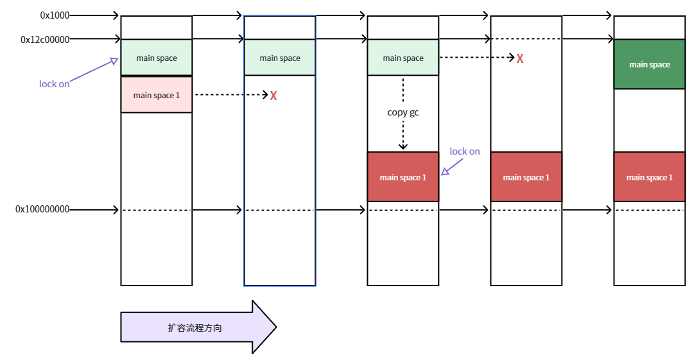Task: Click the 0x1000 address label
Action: (55, 15)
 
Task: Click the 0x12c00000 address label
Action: (45, 39)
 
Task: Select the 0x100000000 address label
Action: (42, 209)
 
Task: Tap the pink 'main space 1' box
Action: (157, 95)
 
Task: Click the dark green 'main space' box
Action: (650, 64)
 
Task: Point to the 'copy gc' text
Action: (403, 112)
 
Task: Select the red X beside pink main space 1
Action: (273, 96)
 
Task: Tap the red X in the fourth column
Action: (520, 58)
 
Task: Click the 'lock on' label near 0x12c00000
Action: (55, 84)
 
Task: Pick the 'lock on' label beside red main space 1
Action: (465, 151)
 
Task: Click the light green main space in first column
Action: (157, 58)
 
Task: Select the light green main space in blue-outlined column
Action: (280, 58)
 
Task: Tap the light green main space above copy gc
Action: (403, 58)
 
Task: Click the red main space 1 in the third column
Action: (403, 177)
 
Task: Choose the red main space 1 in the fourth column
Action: (526, 177)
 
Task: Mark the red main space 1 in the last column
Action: (650, 177)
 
